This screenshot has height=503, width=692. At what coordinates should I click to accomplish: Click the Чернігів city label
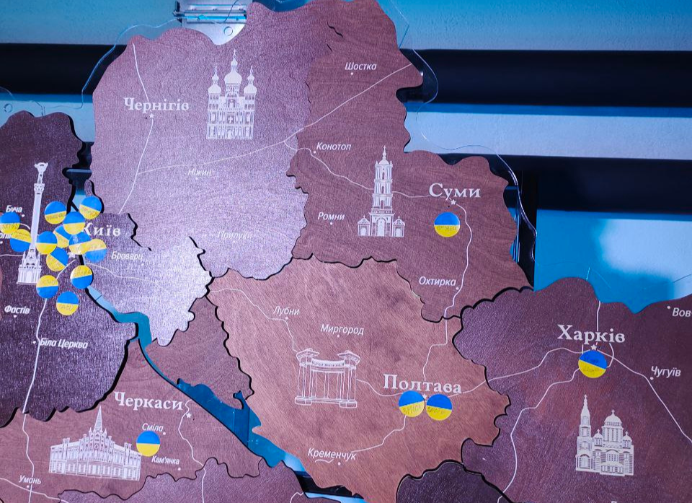156,105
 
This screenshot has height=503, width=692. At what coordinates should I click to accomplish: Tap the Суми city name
454,191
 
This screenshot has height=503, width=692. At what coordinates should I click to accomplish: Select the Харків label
590,335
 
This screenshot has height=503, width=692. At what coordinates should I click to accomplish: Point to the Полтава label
422,383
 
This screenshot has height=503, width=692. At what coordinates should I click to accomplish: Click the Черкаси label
148,403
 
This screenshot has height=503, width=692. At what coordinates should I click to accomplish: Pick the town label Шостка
360,66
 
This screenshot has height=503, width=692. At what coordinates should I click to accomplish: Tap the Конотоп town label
333,146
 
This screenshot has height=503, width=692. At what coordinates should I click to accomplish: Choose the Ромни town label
331,216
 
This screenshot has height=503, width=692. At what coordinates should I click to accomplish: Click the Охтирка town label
438,281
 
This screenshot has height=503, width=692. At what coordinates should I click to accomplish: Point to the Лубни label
286,311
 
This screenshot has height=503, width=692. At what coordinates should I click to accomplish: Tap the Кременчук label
332,455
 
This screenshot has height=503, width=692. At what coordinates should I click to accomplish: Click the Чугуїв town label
665,372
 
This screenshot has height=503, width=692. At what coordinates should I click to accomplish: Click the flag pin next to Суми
447,224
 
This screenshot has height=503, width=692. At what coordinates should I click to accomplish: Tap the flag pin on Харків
593,364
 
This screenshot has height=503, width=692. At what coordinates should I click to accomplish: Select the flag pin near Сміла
148,443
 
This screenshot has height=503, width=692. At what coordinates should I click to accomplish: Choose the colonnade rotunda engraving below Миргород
327,377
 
